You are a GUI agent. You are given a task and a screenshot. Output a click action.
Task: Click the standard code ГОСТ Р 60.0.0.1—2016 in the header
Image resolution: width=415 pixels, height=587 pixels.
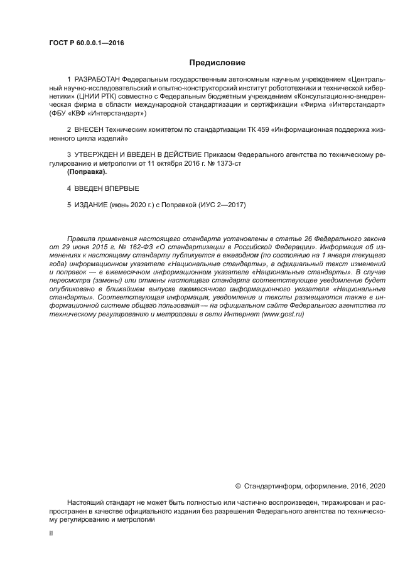pos(86,43)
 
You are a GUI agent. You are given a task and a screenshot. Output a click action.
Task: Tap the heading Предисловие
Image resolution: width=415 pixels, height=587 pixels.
pos(217,63)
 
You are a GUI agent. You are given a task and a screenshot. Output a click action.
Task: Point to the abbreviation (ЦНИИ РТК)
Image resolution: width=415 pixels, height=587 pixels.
pos(94,97)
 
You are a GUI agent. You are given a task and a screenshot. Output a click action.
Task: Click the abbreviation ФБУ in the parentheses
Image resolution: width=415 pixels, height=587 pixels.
pos(60,114)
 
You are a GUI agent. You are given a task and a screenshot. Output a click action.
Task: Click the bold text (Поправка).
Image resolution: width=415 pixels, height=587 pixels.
pos(87,171)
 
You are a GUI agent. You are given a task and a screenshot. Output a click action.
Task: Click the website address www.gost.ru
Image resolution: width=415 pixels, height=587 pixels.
pos(283,314)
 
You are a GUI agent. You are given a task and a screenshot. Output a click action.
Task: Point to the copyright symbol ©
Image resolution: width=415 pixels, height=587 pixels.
pos(238,485)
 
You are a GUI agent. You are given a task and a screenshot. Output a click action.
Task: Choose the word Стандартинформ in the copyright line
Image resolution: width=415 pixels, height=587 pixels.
pos(272,485)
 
